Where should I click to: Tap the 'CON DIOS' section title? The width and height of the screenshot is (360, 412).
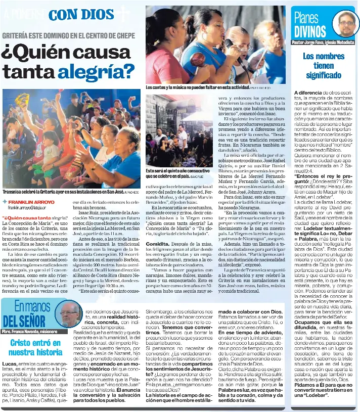click(81, 15)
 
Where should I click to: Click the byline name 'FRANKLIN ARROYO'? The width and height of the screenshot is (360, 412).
click(31, 202)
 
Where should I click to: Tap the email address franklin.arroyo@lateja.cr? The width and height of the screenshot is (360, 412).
click(27, 208)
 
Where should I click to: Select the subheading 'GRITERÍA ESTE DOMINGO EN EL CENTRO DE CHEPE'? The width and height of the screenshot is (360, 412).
click(69, 36)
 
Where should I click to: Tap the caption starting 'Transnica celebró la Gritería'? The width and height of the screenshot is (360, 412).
click(61, 192)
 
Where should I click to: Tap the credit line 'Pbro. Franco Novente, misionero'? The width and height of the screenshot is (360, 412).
click(29, 332)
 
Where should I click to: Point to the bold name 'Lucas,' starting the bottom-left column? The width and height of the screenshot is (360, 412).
click(10, 363)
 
